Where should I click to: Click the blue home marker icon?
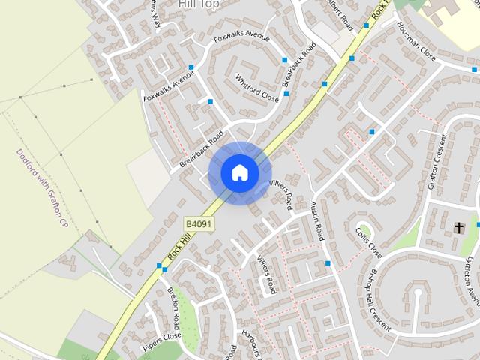[239, 172]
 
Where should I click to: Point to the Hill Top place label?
[198, 4]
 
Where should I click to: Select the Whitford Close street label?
[256, 88]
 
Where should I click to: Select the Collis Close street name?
[369, 242]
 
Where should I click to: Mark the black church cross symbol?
[459, 226]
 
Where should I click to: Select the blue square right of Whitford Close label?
[286, 94]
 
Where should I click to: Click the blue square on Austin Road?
[328, 263]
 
